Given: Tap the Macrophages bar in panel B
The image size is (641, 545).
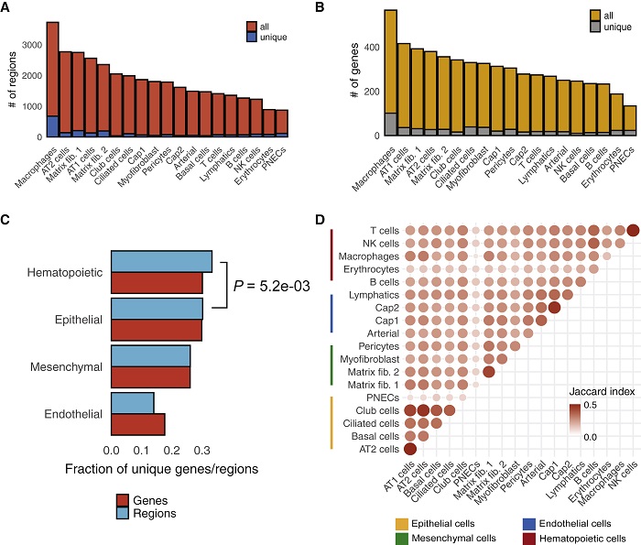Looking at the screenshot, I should (x=364, y=73).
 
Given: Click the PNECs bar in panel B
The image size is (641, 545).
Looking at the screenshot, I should (x=629, y=120).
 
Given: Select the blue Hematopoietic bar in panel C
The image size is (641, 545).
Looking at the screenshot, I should (x=161, y=261).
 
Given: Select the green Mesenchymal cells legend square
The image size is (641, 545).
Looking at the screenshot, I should (x=403, y=538).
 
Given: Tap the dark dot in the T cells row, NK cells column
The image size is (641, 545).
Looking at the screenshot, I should (x=633, y=231).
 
